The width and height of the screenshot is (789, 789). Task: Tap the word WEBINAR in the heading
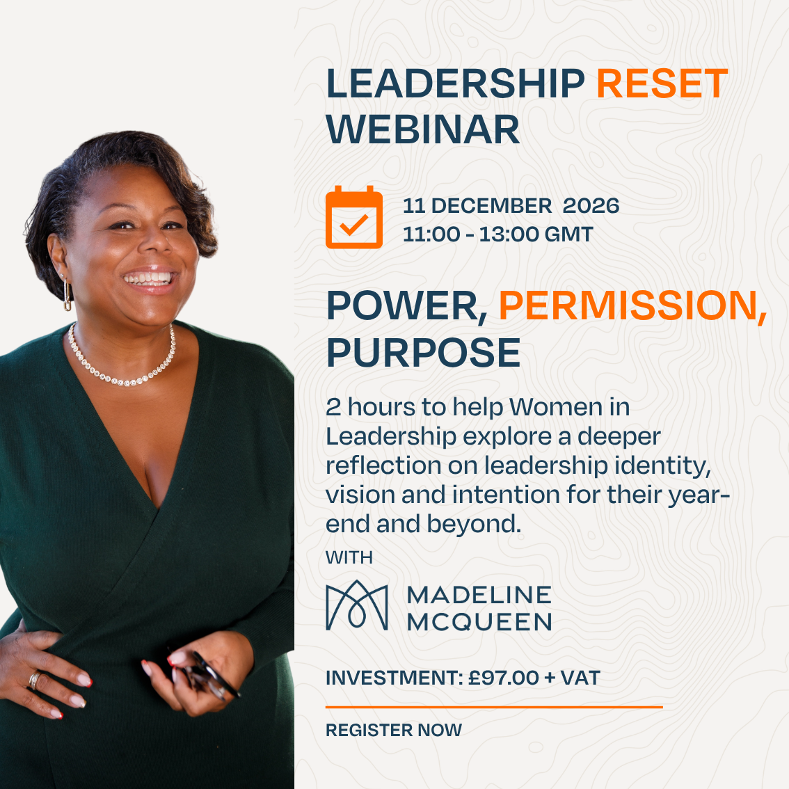pos(423,130)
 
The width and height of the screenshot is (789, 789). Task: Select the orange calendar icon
pos(354,217)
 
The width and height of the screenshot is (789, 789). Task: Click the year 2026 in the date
pos(591,206)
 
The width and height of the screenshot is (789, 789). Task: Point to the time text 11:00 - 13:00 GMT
pos(498,234)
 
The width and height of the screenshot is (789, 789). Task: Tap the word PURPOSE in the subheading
pos(424,352)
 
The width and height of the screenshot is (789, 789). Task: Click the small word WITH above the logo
pos(349,557)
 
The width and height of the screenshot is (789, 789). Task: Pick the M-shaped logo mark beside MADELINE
pos(357,605)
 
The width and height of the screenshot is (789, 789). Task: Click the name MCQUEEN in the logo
pos(479,623)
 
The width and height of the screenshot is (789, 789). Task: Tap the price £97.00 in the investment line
pos(504,678)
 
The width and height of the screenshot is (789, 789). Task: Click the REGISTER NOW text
pos(394,730)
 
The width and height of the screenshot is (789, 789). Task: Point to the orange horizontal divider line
pos(494,707)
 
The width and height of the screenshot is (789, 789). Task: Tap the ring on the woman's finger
pos(34,680)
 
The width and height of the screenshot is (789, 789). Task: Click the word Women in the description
pos(556,407)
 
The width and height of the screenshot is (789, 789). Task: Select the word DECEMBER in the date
pos(492,206)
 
